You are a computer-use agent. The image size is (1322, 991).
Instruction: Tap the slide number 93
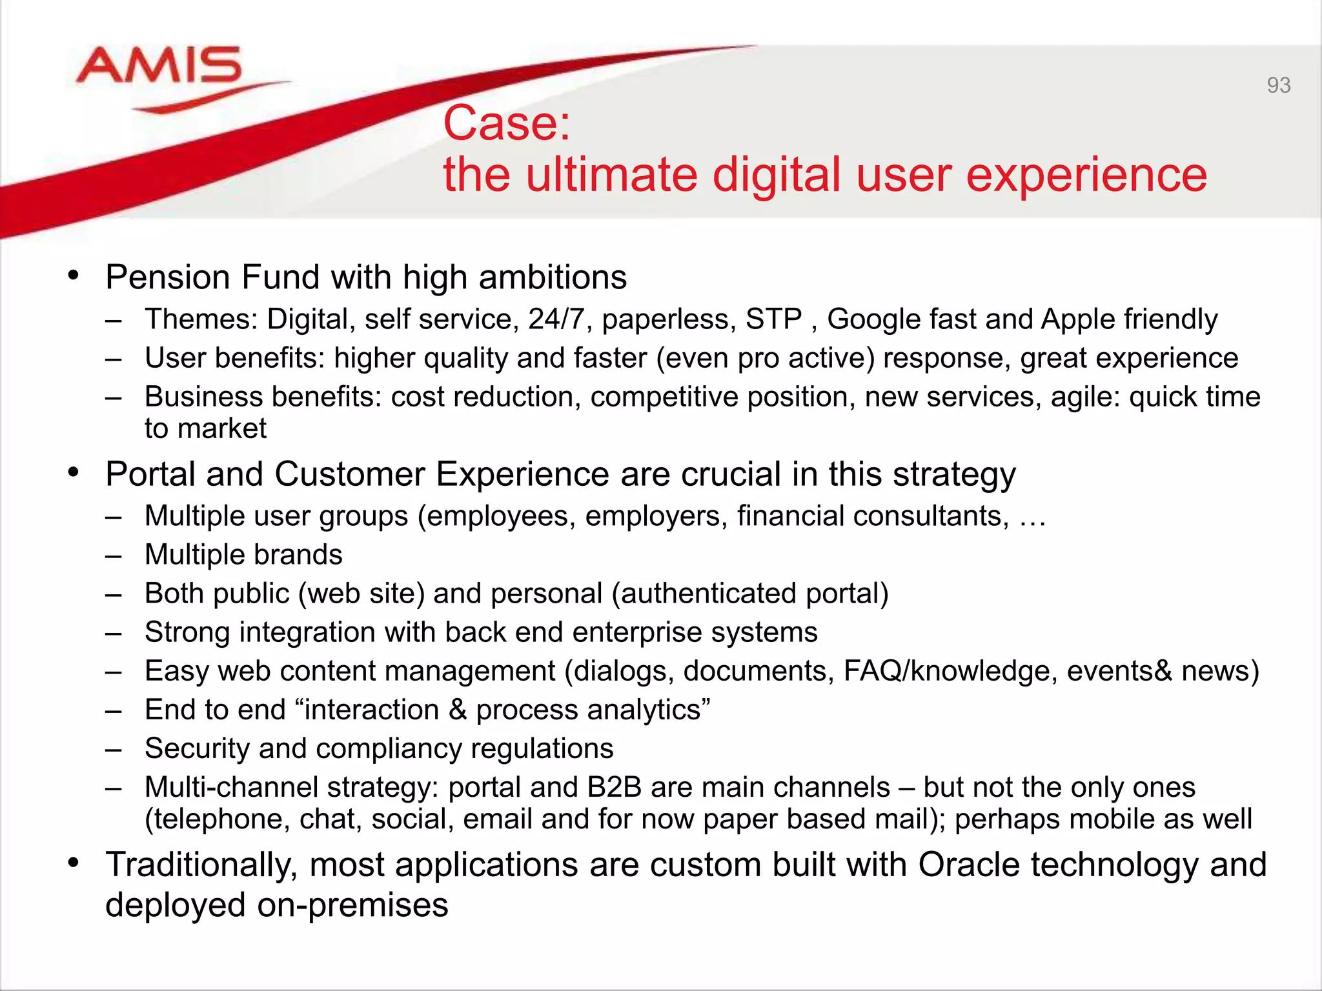pos(1278,85)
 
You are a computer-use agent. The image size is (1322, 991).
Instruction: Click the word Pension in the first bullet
pos(168,277)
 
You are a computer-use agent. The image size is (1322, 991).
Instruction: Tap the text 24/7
pos(556,319)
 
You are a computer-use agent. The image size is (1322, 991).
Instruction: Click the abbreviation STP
pos(773,319)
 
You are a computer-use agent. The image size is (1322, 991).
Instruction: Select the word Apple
pos(1078,319)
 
